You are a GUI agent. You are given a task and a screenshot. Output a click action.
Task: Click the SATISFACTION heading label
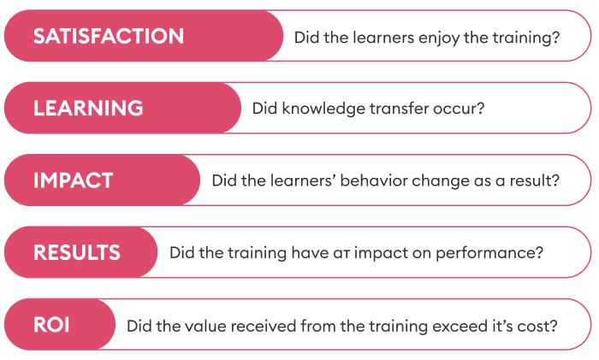[x=109, y=37]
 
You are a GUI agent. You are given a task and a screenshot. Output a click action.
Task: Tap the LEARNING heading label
[x=88, y=109]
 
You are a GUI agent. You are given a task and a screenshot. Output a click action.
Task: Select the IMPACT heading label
[x=74, y=180]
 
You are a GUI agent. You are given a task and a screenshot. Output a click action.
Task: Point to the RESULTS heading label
[x=77, y=253]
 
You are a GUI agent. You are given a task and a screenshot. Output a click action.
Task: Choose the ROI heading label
[x=51, y=325]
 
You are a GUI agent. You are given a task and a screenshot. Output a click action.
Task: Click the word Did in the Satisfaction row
[x=306, y=38]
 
